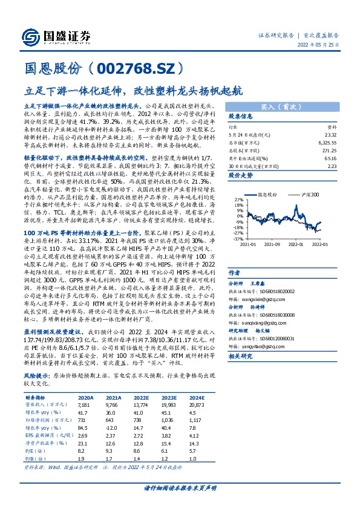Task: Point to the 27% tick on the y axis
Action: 237,199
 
